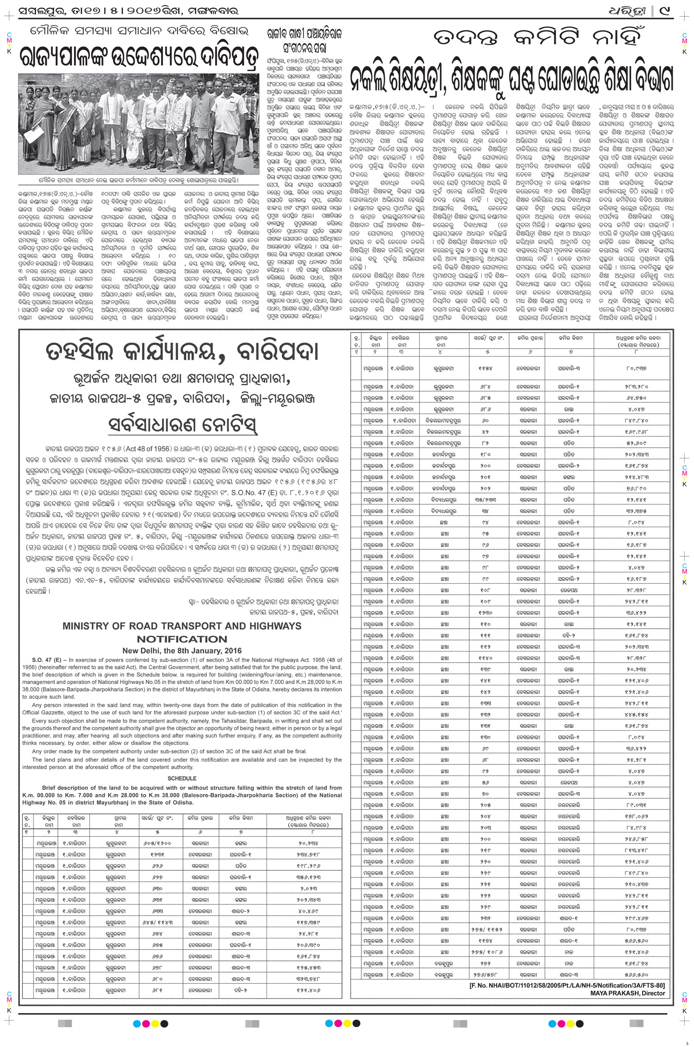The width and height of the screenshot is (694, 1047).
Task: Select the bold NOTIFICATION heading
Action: (x=182, y=639)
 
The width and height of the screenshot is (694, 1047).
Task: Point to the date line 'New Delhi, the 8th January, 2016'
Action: (x=182, y=650)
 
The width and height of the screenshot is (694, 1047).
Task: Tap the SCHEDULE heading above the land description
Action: (x=182, y=778)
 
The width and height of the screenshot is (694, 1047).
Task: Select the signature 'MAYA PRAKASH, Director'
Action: (x=627, y=993)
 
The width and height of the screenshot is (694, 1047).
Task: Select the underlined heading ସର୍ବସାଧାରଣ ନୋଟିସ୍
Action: (x=182, y=424)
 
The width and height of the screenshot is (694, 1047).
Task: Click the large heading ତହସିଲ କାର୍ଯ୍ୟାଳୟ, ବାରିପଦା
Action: (x=182, y=353)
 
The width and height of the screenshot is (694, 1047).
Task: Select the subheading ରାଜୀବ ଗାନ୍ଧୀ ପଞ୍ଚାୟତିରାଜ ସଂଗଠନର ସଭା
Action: (x=304, y=40)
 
